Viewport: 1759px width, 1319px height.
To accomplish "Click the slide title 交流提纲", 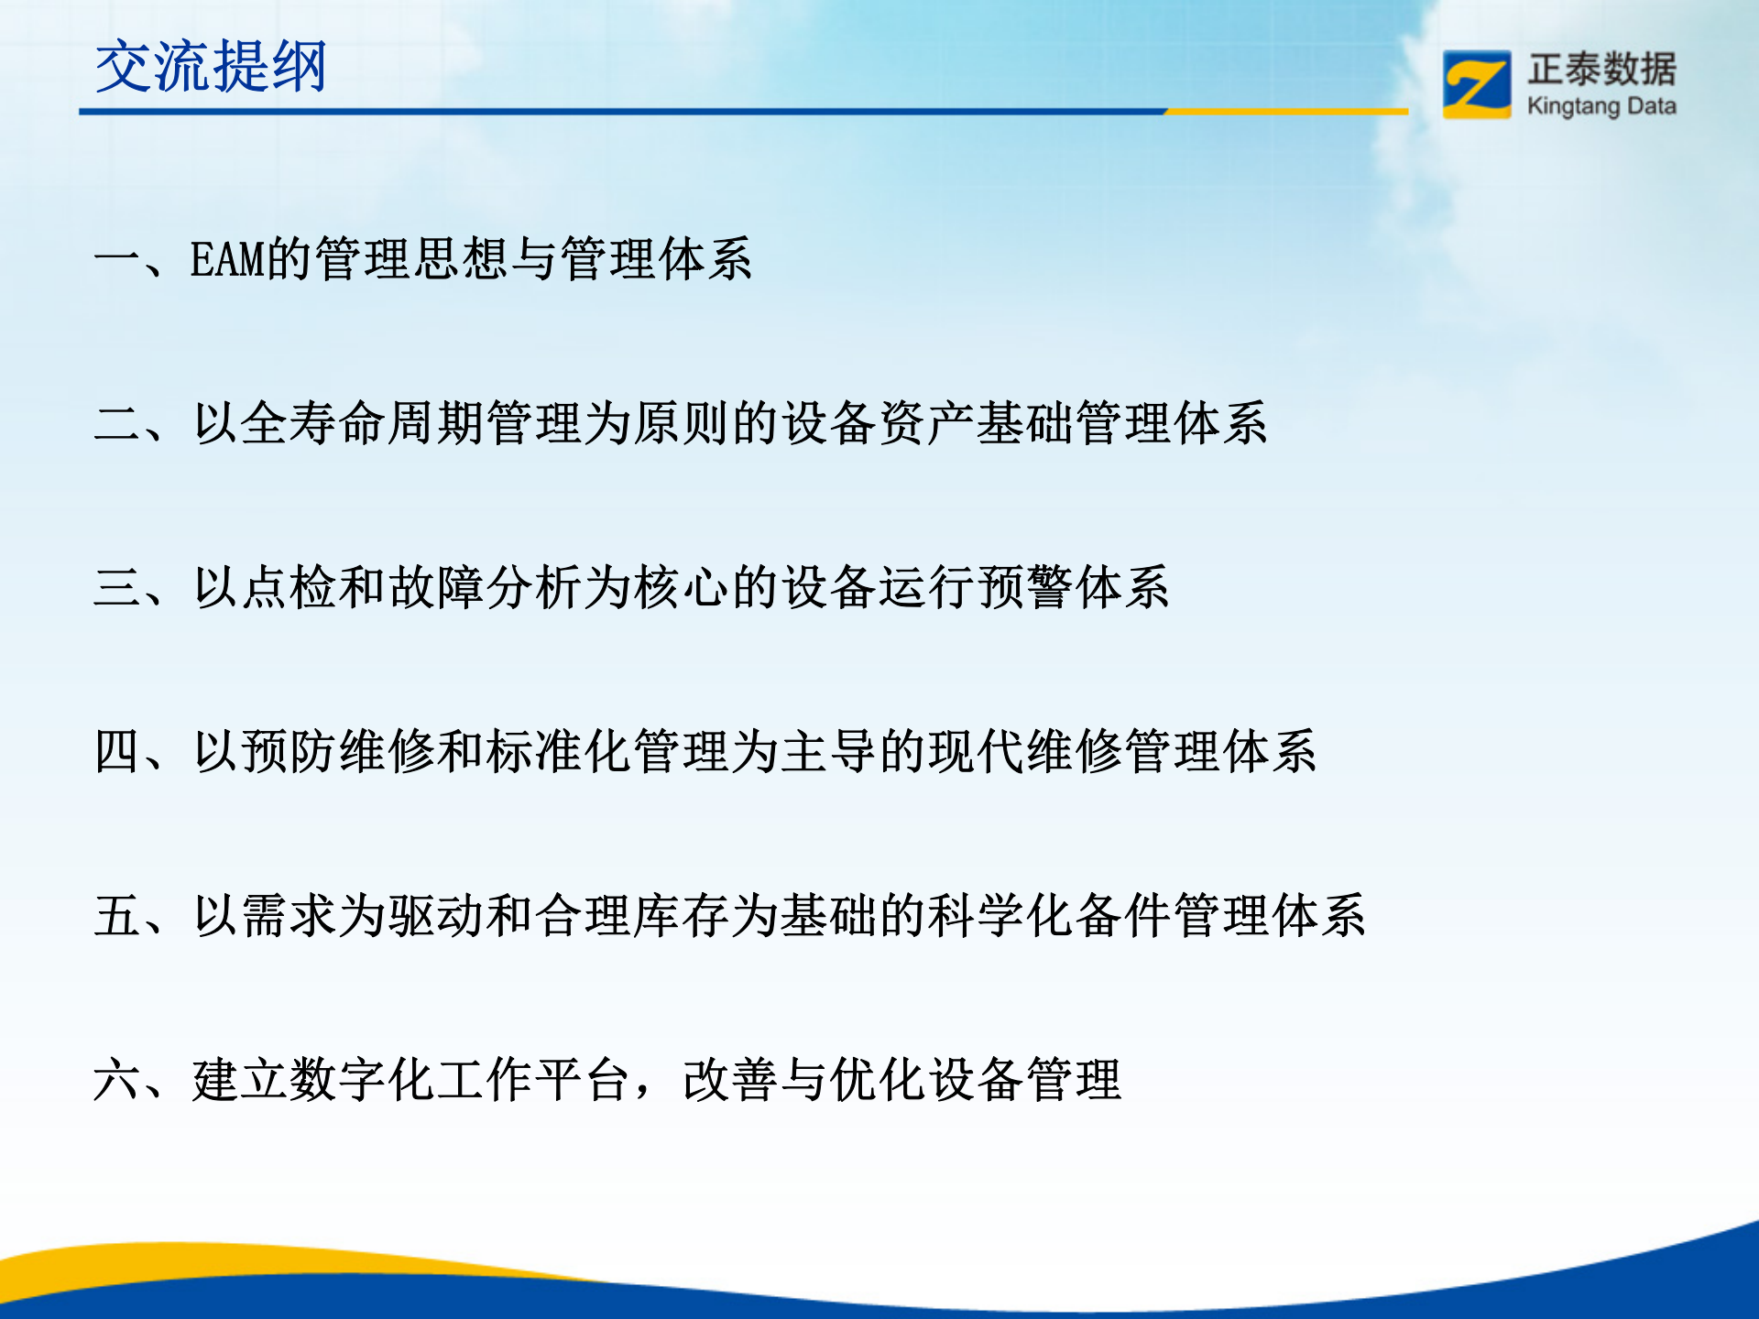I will point(211,67).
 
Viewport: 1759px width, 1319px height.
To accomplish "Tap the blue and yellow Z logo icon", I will point(1476,84).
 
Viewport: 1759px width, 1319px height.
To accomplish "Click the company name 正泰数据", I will point(1601,70).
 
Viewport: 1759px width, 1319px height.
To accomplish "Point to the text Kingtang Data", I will point(1601,106).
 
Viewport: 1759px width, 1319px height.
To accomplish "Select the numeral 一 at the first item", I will point(116,259).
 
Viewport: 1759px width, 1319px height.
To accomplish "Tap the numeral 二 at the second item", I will point(116,423).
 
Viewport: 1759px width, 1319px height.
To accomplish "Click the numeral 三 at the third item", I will point(116,587).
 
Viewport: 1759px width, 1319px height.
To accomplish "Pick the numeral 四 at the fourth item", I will point(116,751).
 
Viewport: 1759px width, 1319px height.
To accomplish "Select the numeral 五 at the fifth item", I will point(116,915).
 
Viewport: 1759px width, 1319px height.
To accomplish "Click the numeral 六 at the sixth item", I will point(116,1079).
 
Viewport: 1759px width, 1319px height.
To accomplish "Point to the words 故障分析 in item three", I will point(486,587).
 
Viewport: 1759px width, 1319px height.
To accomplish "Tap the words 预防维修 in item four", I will point(339,751).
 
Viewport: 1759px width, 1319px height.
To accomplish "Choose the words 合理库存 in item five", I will point(632,915).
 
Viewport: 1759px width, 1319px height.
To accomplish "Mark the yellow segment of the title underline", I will point(1286,112).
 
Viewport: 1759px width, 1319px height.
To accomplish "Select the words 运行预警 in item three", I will point(976,587).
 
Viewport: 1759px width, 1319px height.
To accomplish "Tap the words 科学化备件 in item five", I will point(1049,915).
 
